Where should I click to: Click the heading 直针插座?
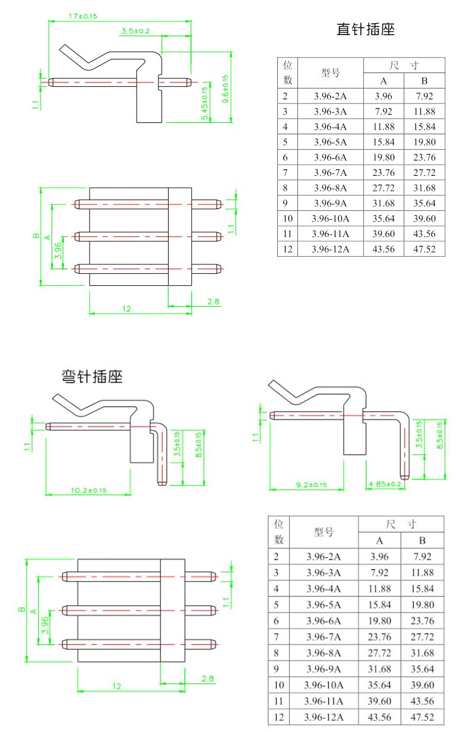365,29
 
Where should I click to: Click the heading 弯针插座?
92,377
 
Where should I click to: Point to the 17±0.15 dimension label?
83,16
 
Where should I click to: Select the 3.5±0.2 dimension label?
135,30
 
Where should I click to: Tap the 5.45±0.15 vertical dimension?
205,104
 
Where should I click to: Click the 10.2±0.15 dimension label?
88,490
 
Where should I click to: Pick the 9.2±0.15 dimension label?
311,485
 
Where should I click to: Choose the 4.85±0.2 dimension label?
385,484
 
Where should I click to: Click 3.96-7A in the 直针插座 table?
330,172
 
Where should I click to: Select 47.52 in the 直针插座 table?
424,249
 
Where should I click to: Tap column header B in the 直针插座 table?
424,81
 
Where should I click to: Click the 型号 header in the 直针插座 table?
330,73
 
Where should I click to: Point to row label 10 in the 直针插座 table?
288,219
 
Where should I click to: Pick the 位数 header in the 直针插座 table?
288,72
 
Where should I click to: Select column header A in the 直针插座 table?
384,81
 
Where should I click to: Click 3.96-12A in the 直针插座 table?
330,249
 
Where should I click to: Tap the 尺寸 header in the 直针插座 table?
404,65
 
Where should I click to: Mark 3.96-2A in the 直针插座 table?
330,96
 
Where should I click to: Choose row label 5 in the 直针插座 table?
286,142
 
